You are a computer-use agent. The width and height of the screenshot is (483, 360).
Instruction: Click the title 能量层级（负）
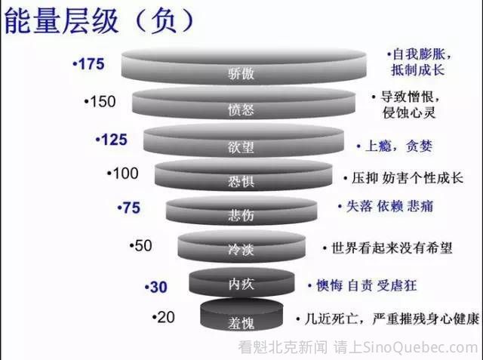point(100,21)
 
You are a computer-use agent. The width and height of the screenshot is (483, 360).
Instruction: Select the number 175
point(91,64)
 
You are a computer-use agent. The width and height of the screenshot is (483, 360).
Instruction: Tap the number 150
point(103,101)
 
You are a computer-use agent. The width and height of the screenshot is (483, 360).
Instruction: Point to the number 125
point(114,140)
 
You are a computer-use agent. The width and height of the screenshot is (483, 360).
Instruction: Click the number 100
point(126,173)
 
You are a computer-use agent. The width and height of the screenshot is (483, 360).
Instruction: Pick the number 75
point(131,208)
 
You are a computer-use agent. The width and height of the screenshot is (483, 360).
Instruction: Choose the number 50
point(143,245)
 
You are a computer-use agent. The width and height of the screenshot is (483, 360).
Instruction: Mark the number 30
point(158,287)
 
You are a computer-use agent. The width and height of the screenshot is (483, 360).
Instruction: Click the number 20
point(166,317)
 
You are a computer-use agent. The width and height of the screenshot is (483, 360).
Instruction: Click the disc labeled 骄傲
point(244,66)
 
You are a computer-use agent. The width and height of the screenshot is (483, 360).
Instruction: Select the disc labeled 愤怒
point(244,103)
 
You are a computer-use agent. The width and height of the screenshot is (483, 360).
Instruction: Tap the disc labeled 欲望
point(244,140)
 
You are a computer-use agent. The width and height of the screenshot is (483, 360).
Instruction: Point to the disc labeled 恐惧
point(243,174)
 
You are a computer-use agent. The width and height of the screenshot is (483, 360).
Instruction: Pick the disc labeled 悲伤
point(241,211)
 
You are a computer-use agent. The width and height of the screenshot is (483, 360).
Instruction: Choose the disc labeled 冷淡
point(241,246)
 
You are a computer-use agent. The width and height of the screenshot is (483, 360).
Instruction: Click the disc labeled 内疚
point(241,282)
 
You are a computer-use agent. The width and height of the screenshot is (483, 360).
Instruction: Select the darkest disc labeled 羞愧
point(241,315)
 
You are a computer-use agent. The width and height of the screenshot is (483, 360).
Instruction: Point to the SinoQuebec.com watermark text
point(420,347)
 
